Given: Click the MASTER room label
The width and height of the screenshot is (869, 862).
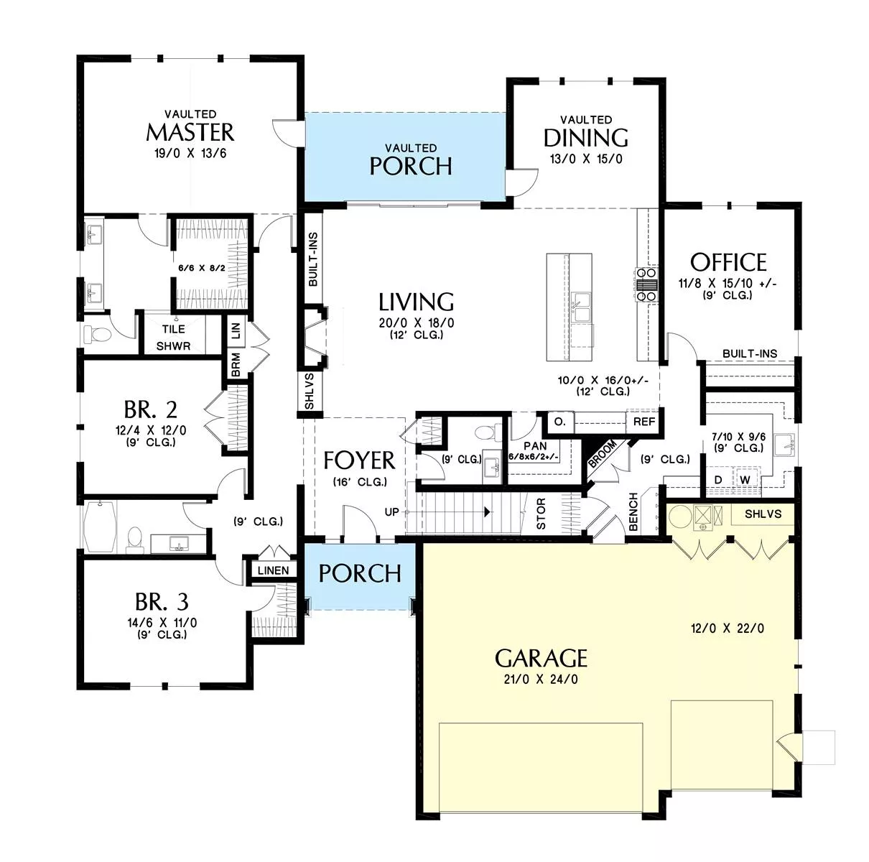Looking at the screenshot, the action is pos(190,133).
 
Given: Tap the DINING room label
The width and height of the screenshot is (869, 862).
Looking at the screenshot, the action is pos(586,138).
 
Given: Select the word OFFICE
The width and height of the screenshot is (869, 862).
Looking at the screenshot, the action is pos(728,262).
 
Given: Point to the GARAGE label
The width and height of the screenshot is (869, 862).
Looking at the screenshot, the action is pos(542,658).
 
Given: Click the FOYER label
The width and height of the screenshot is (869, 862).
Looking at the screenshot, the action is pos(359,460).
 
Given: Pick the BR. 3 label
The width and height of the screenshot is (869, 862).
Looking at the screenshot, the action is pos(162,601).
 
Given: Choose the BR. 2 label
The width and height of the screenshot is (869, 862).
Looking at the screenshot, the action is pos(151,409).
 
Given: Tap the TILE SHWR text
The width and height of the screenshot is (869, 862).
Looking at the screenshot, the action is pos(174,338).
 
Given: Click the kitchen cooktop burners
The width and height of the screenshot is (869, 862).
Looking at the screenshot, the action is pos(647,284).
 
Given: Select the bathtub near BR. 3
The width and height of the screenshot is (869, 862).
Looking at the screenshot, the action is pos(100,526).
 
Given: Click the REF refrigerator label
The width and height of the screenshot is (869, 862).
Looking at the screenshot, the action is pos(644,422).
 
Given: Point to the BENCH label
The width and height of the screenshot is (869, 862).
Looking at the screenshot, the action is pos(633,511).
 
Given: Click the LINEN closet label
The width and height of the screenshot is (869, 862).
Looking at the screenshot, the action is pos(274,570).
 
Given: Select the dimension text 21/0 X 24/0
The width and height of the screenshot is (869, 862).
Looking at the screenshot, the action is pos(541,680).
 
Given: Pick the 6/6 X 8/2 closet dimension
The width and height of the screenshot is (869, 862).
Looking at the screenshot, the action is pos(202,268).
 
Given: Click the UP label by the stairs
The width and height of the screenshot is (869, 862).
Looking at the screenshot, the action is pos(391,512).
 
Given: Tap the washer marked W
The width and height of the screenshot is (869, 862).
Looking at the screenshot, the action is pos(745,480).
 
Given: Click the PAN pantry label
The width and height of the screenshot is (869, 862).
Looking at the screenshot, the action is pos(535,446).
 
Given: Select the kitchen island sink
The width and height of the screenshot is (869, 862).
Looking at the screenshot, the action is pos(581,307).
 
